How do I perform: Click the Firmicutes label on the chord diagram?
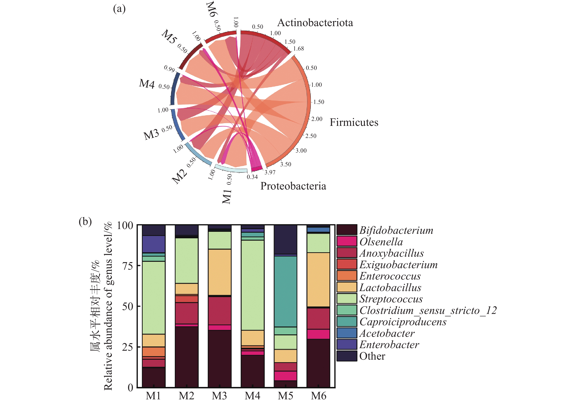click(x=354, y=122)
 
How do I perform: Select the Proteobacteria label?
click(x=293, y=186)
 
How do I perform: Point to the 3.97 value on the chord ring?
click(x=270, y=172)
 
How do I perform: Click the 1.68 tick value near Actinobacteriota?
click(x=299, y=49)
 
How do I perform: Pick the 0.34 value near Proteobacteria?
click(x=252, y=177)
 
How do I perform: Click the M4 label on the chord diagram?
click(x=147, y=84)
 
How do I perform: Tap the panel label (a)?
click(x=119, y=9)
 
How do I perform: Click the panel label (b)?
click(x=85, y=222)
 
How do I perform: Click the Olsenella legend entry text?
click(x=381, y=242)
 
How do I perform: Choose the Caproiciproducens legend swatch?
click(x=347, y=321)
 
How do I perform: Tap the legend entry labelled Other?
click(x=372, y=356)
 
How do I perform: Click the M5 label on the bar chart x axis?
click(x=285, y=396)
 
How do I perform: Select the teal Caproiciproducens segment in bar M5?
click(x=285, y=291)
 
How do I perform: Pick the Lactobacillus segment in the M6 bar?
click(x=318, y=279)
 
